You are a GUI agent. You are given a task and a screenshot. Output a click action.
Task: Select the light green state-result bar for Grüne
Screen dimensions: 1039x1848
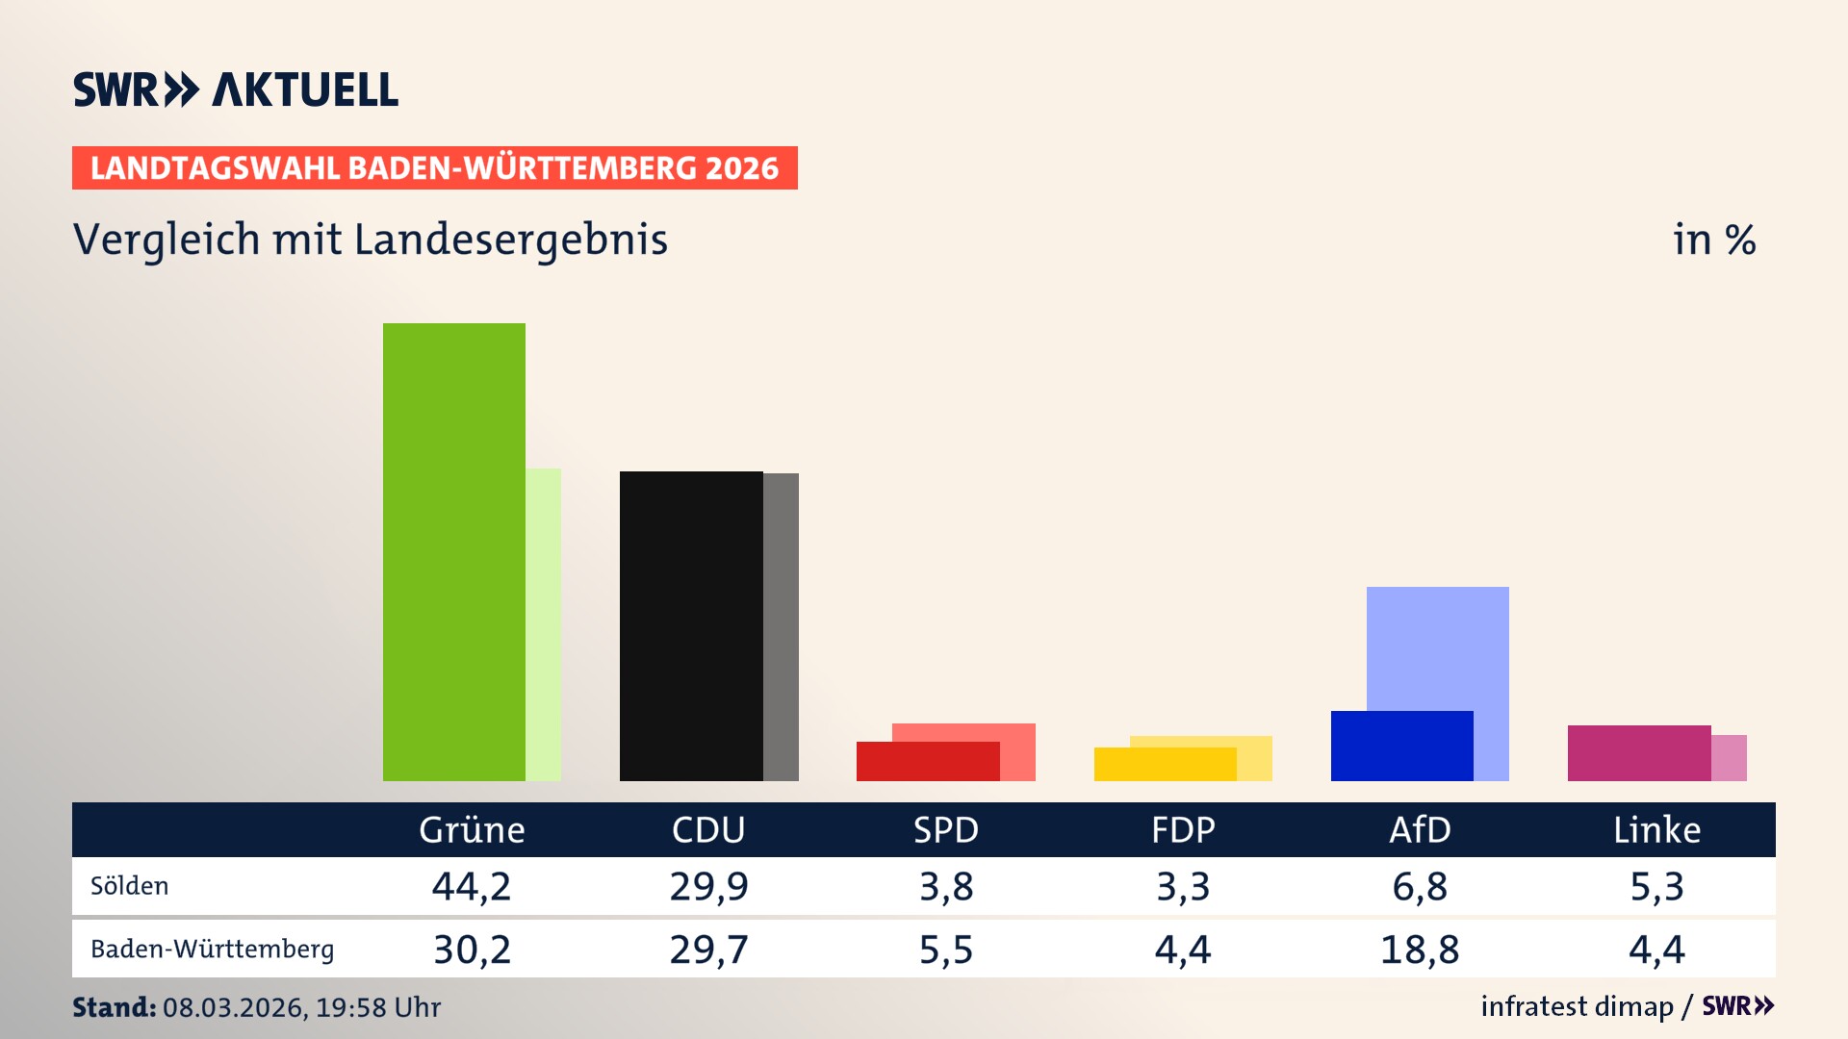click(544, 625)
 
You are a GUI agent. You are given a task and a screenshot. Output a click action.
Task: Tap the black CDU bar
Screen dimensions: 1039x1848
click(690, 625)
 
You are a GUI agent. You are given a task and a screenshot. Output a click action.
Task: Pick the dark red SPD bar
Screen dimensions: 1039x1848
click(927, 762)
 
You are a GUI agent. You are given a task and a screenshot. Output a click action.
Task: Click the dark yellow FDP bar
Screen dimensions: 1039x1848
click(1165, 765)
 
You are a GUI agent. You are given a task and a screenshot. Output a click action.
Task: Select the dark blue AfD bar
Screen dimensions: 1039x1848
click(1401, 747)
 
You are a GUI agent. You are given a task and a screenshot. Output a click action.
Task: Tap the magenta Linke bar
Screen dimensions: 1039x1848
click(1638, 753)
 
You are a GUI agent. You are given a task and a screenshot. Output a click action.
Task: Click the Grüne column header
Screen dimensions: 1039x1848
click(472, 829)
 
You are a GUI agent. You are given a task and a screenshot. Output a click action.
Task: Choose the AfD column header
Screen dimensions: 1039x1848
click(1420, 829)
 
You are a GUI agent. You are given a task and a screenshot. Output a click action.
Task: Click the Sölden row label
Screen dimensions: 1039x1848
click(129, 886)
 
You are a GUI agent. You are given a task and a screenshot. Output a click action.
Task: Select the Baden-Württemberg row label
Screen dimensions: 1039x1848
click(212, 950)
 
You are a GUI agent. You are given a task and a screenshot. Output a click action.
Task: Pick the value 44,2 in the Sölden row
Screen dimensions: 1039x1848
click(472, 886)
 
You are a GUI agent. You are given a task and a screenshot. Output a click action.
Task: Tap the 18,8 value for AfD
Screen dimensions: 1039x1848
click(1420, 950)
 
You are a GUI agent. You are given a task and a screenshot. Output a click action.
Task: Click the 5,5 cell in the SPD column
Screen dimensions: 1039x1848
click(946, 950)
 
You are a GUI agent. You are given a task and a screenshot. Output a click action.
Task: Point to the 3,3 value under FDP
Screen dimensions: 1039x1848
click(1183, 886)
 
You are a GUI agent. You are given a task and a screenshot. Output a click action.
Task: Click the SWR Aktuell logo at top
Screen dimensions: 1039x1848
click(236, 89)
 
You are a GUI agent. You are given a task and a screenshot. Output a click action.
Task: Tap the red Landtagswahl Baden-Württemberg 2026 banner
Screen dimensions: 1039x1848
click(434, 168)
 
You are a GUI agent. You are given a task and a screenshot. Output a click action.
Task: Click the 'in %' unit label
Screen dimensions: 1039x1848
click(1714, 240)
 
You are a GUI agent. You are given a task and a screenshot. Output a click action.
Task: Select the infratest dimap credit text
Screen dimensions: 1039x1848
click(1577, 1006)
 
